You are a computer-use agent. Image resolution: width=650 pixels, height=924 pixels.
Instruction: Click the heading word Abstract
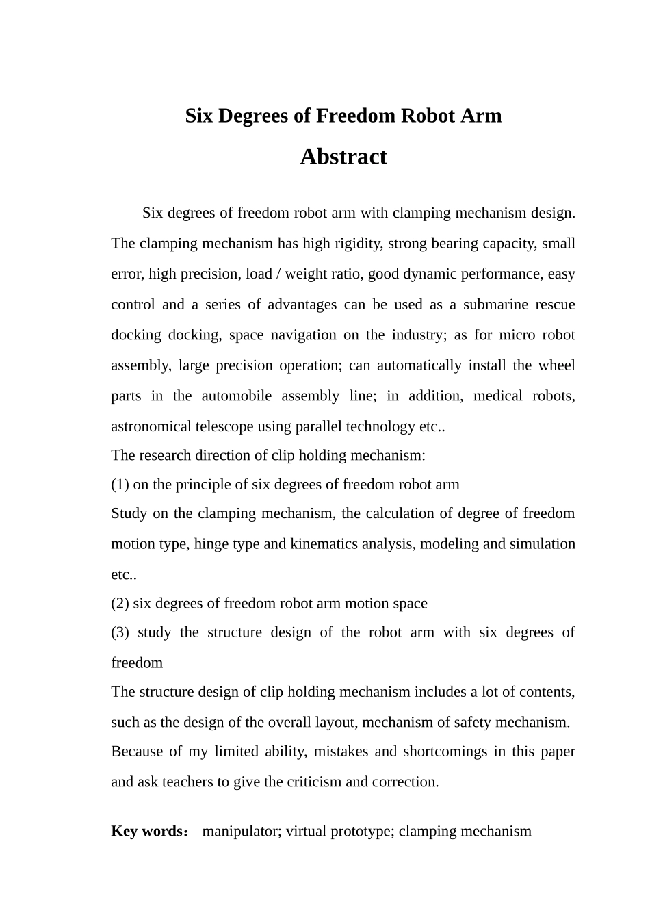(x=343, y=157)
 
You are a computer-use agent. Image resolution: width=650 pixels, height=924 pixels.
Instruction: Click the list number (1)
(x=120, y=485)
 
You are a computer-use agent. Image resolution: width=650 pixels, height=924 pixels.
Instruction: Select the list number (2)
(x=120, y=604)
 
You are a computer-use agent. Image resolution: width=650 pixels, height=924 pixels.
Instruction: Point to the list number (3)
(x=120, y=632)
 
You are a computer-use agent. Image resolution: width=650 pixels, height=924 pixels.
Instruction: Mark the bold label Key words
(x=148, y=832)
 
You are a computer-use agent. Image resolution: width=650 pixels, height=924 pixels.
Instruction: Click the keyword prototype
(x=362, y=832)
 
